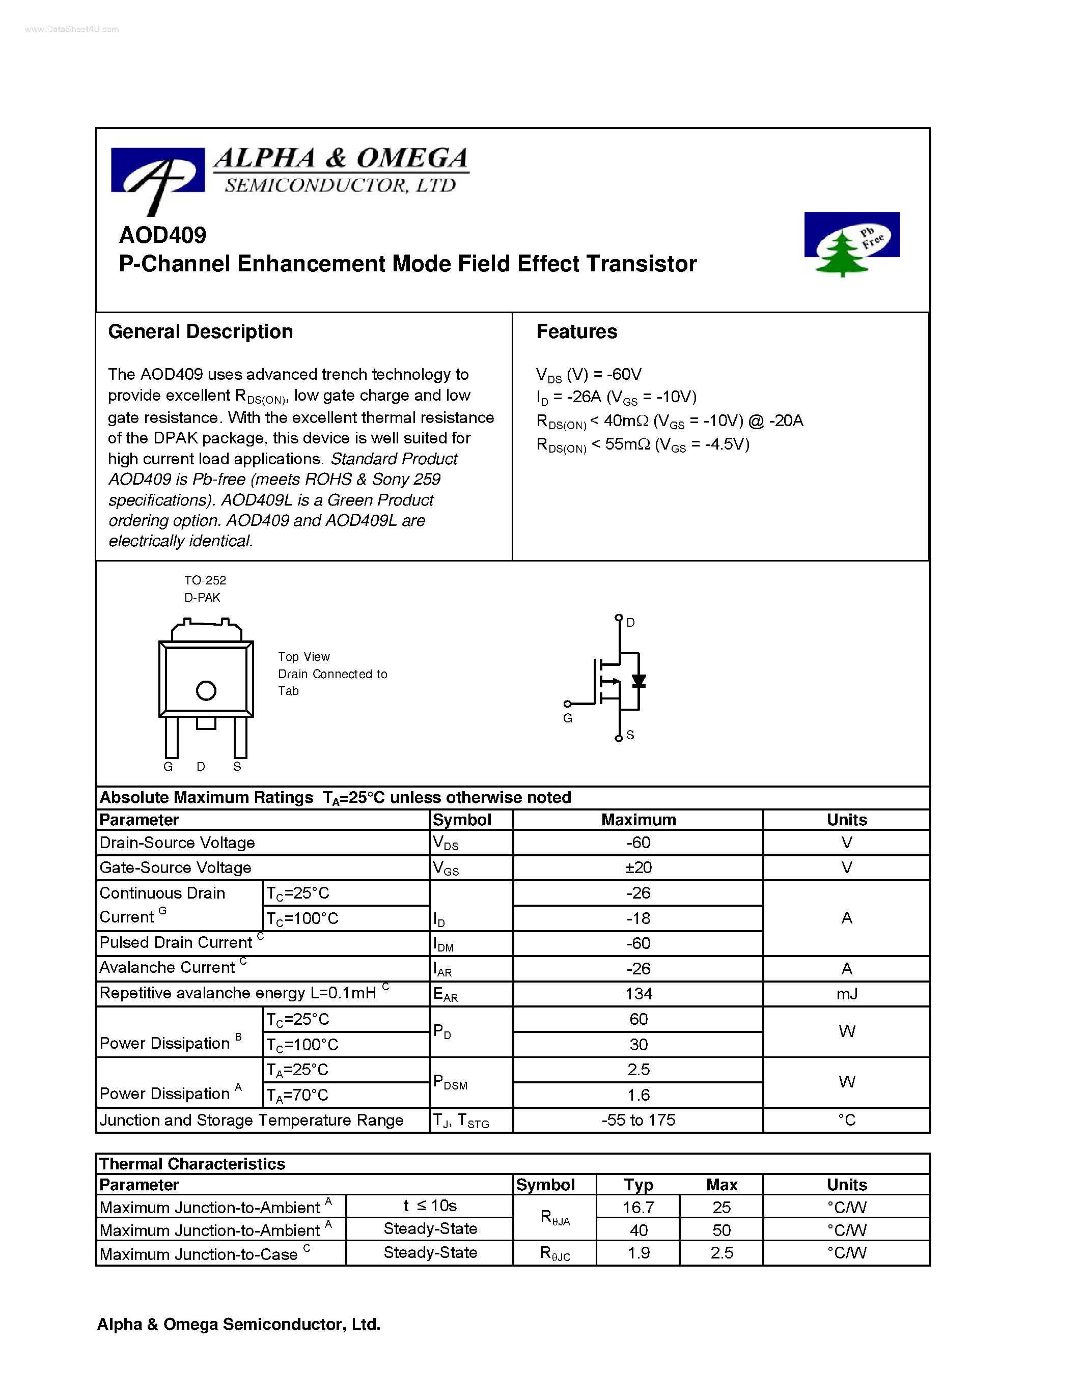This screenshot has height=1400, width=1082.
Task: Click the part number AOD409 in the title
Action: [x=163, y=235]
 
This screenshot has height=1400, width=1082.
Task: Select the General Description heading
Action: [x=200, y=331]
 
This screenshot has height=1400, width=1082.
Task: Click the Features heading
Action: [x=576, y=331]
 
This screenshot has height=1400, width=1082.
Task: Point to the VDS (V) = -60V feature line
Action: [x=589, y=374]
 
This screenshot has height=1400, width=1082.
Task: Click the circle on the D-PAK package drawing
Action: [x=206, y=690]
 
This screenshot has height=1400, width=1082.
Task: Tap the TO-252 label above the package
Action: [x=205, y=580]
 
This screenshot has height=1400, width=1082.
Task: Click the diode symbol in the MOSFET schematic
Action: [x=639, y=681]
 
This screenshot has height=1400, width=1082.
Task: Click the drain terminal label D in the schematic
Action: [x=631, y=623]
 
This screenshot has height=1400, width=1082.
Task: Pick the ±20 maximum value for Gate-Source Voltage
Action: [x=639, y=867]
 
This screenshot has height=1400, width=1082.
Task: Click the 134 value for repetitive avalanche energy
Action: [x=639, y=994]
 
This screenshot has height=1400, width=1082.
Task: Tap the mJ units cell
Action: [x=846, y=994]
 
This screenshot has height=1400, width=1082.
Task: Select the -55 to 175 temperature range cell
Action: [x=639, y=1120]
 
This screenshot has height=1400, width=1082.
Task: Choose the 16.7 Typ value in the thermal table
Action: [x=639, y=1207]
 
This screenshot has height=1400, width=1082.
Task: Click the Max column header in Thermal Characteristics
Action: [x=722, y=1185]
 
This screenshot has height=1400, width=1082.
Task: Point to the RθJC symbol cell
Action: [x=555, y=1253]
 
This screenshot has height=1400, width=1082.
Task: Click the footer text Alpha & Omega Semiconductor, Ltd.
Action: [x=238, y=1324]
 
